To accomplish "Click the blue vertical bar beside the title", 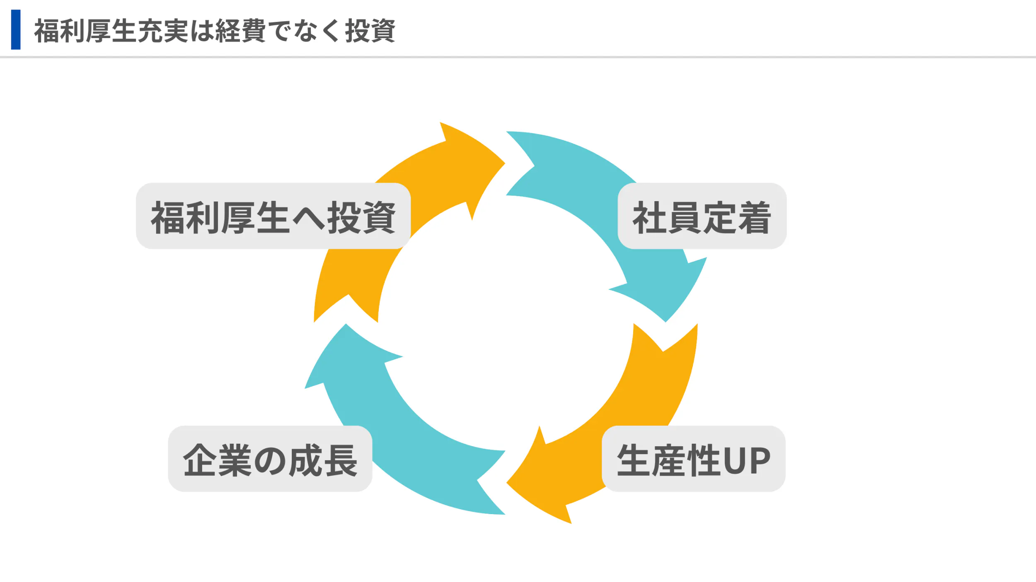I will (x=16, y=30).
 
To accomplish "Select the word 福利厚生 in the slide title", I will (x=85, y=31).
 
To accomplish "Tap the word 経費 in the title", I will (x=240, y=31).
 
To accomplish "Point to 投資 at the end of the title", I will (x=370, y=31).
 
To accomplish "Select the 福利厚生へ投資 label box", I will (x=273, y=216).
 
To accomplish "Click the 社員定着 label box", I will (x=702, y=216).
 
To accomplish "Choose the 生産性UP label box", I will (x=693, y=459).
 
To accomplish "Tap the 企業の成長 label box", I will (x=270, y=459).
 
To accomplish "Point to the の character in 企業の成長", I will (x=270, y=460).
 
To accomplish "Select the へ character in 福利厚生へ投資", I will (x=309, y=218).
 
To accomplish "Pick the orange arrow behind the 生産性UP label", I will (x=655, y=393).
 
